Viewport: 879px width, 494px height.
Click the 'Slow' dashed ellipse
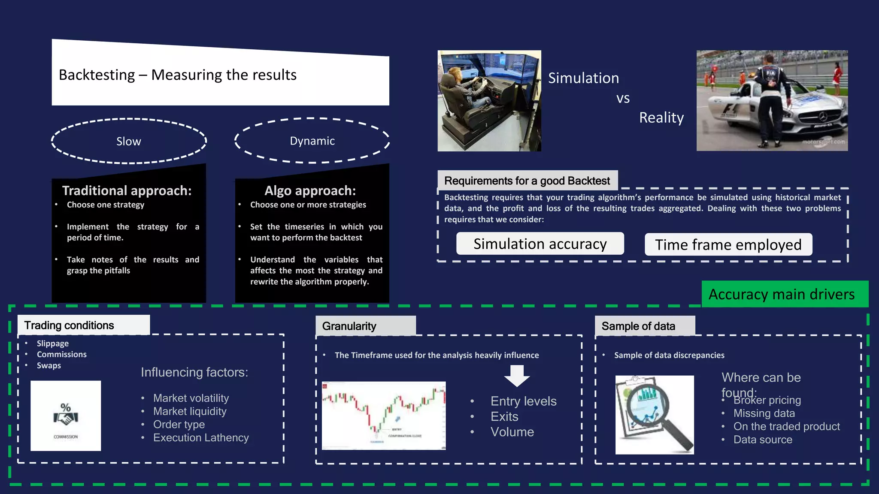[129, 141]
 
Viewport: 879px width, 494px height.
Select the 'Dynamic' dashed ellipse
[312, 141]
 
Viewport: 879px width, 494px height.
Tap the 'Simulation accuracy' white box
[540, 244]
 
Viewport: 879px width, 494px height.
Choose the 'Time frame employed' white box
[728, 244]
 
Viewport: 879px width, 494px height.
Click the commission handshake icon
[66, 416]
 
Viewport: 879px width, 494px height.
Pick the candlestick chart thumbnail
[384, 416]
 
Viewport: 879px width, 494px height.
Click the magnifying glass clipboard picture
[654, 415]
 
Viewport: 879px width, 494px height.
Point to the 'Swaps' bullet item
[49, 365]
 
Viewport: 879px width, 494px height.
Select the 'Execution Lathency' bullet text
[201, 437]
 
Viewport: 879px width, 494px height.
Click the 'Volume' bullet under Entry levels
[512, 432]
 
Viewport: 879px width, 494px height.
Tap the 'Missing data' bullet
[764, 413]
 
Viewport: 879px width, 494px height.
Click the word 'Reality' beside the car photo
[661, 117]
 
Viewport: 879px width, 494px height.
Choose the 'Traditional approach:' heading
[127, 190]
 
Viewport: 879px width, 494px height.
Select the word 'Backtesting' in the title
[97, 75]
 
